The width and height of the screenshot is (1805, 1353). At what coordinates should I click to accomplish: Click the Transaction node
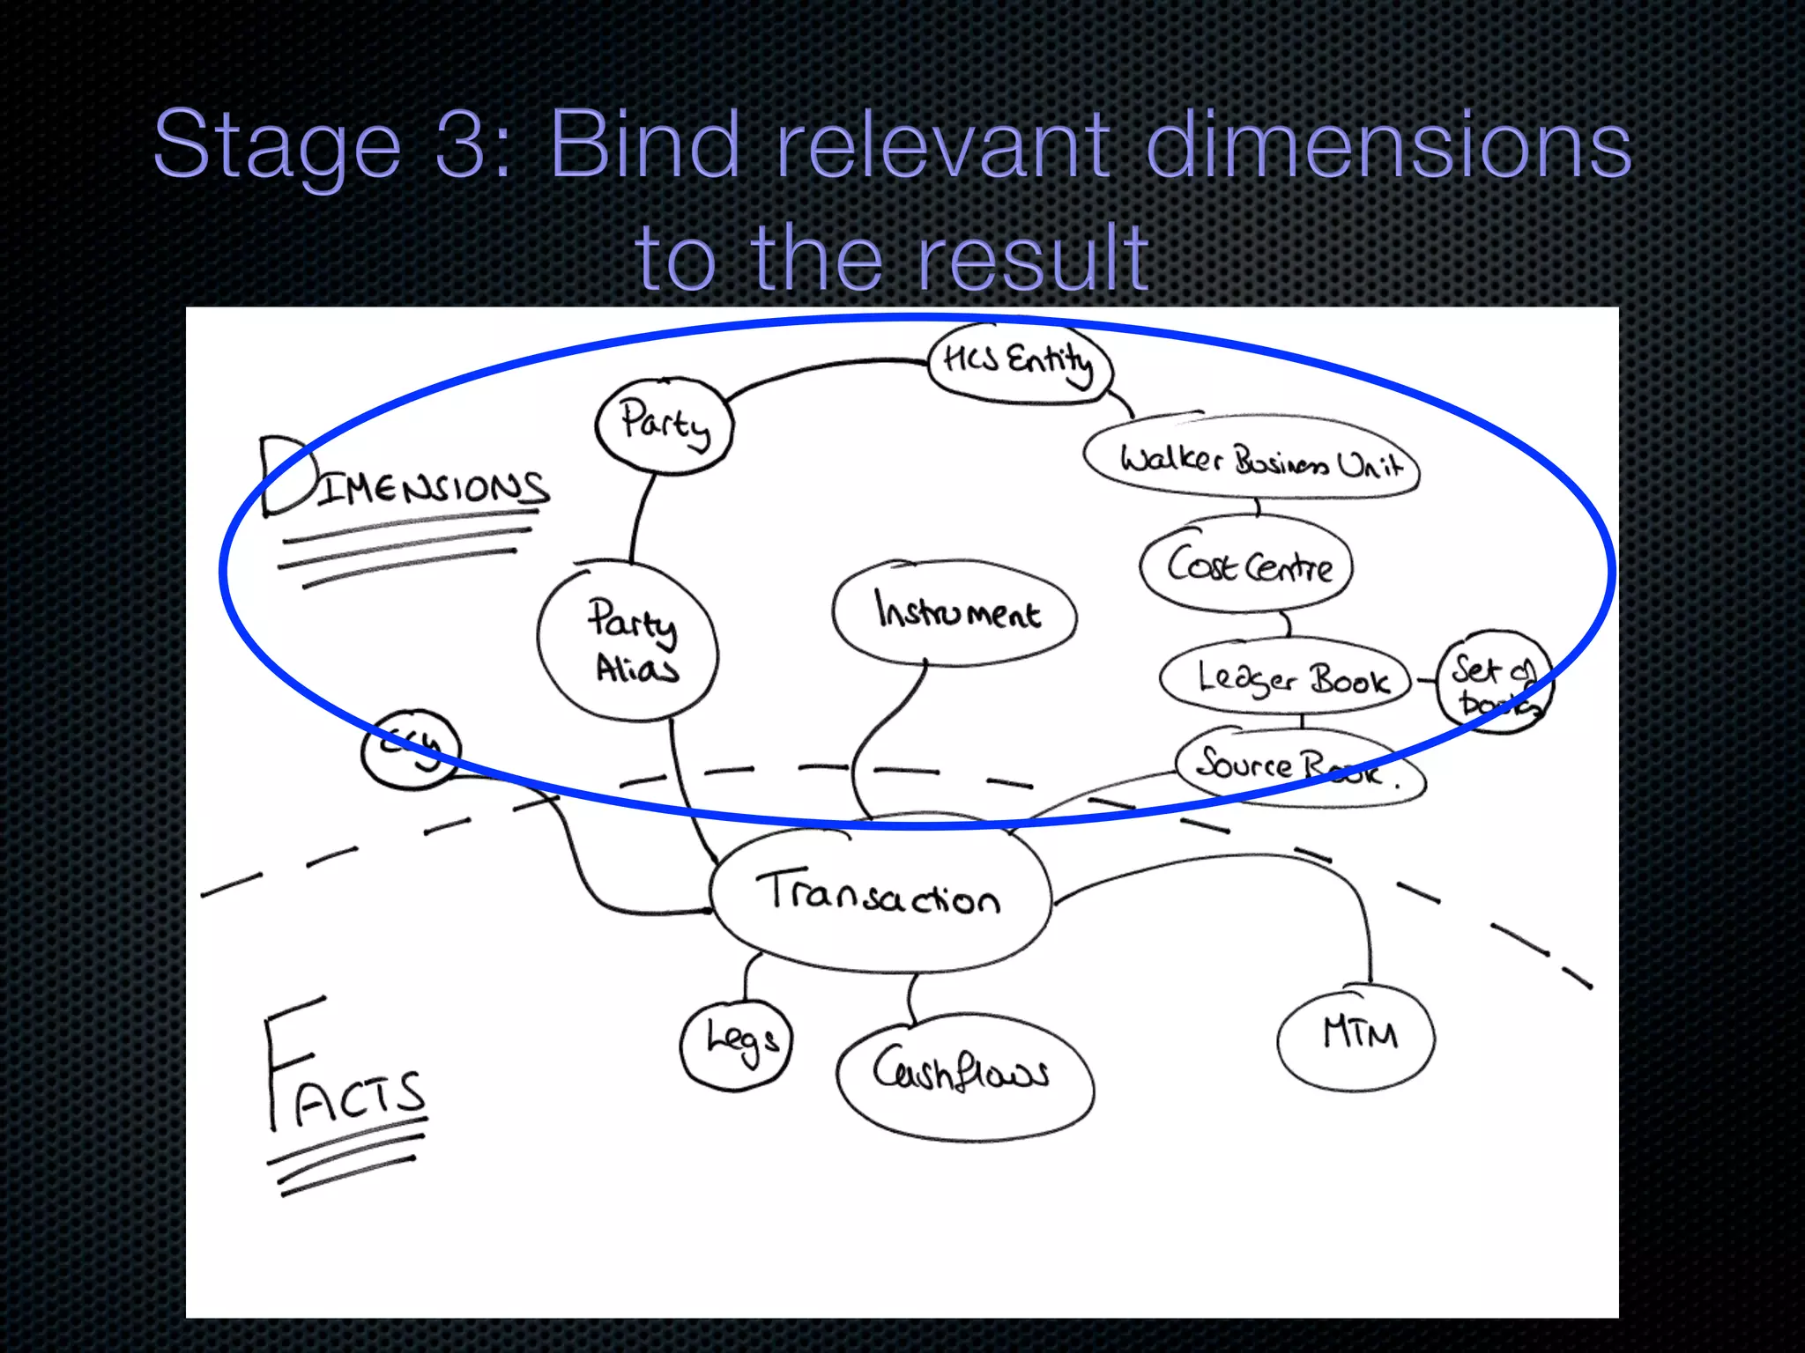(880, 898)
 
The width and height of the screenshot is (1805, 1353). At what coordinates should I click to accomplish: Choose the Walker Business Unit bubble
(1252, 461)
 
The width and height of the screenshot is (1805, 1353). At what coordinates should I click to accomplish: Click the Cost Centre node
(1246, 565)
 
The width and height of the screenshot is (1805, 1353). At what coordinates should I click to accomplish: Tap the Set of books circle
(1493, 684)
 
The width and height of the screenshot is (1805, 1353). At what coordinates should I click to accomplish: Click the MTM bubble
(1357, 1036)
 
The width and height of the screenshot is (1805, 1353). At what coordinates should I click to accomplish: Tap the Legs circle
(739, 1045)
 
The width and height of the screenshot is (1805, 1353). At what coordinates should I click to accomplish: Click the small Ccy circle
(411, 749)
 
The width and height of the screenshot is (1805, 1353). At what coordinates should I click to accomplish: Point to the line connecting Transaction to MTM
(1234, 863)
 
